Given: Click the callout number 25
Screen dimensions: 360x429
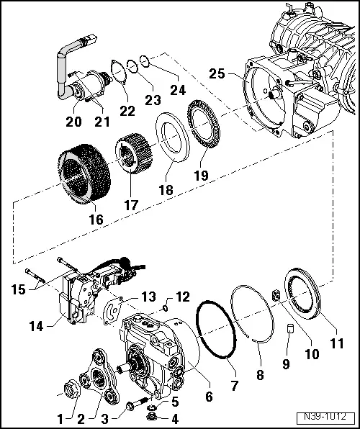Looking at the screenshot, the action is point(217,74).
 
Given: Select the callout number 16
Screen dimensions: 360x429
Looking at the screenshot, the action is point(96,220).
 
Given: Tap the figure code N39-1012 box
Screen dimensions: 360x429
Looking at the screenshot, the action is point(325,417).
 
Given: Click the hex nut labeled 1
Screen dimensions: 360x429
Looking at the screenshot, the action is point(73,387).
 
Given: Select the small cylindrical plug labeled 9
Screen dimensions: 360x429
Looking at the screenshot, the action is point(290,328).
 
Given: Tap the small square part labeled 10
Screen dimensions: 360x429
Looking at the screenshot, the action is point(276,296).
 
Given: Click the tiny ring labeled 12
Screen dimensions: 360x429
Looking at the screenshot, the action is point(165,308).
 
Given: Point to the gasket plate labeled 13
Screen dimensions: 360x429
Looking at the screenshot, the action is point(112,311).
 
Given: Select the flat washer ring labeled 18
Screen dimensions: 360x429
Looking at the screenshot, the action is point(173,137).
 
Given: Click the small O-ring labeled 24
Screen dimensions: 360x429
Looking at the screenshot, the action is point(144,60).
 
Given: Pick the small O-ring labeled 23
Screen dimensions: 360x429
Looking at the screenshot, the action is point(132,66).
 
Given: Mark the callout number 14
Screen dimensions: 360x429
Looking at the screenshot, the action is point(36,326).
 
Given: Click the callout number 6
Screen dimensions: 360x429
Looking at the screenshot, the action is point(209,396).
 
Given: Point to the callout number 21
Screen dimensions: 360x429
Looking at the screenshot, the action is point(102,122).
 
